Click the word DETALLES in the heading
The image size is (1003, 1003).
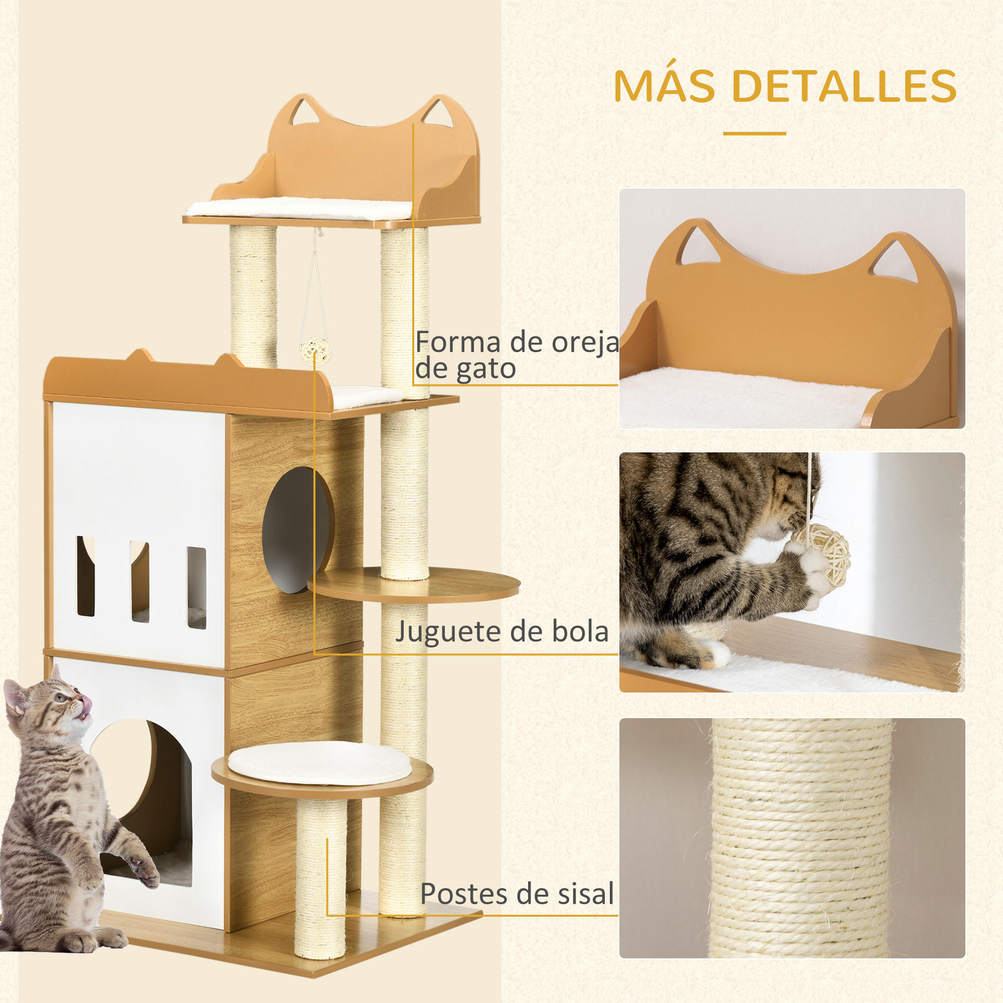tap(846, 86)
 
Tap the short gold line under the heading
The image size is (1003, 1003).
tap(754, 133)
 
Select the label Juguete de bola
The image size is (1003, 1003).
tap(501, 632)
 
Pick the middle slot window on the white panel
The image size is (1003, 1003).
tap(139, 581)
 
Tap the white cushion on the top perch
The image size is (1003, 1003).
tap(298, 209)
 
